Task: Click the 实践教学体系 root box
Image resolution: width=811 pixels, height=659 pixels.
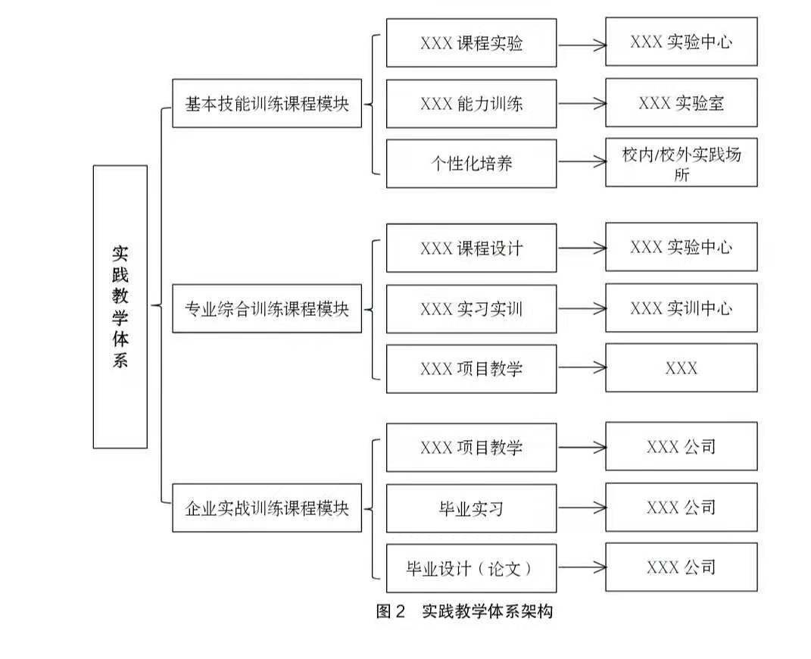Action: pos(120,307)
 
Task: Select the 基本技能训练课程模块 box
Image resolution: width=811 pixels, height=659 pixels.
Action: pos(267,104)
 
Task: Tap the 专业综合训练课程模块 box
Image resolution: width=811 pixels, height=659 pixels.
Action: pos(267,308)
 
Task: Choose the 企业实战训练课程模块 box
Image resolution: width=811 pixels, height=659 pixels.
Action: pos(267,508)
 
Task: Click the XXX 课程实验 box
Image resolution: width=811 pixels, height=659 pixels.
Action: pos(471,43)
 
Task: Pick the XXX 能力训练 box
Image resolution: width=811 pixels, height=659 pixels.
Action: pos(471,104)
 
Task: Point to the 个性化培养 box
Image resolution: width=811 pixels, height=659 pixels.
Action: pos(471,163)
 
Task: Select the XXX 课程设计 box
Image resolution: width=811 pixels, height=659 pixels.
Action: pos(471,248)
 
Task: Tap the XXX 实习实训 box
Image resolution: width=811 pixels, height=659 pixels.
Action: pos(471,308)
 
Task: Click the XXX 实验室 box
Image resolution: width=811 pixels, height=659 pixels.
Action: pos(681,103)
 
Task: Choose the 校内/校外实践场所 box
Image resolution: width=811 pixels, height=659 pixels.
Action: pos(681,163)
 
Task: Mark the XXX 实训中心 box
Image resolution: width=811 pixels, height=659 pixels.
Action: pos(681,308)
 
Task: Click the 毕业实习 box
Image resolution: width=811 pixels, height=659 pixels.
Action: pos(471,508)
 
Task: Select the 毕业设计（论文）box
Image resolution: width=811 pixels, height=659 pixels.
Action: pos(471,568)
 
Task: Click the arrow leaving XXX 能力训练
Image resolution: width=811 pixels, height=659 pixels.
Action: pos(581,104)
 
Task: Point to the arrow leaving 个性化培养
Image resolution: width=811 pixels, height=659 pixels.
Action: pos(581,162)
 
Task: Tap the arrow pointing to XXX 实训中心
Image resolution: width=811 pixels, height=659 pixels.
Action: pos(581,308)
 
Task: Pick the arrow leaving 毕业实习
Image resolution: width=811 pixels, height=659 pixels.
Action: pos(581,508)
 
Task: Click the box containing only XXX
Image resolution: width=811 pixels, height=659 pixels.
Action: pos(681,368)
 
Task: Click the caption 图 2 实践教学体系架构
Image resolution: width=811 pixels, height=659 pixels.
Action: pos(464,611)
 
